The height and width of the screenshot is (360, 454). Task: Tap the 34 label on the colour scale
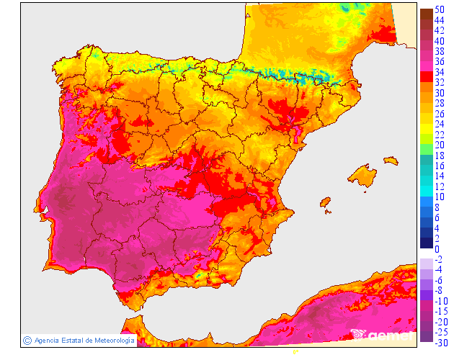point(440,72)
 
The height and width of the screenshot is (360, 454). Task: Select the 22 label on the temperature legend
point(440,135)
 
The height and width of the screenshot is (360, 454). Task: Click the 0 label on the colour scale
point(437,249)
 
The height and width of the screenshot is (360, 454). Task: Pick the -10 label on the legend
point(441,300)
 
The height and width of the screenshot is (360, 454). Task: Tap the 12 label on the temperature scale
point(440,186)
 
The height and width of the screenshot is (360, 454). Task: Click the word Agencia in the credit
point(48,340)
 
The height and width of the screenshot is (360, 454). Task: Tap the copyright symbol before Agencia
point(27,340)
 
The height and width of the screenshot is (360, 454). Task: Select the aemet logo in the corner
point(382,335)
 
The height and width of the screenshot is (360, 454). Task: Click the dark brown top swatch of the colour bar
point(425,13)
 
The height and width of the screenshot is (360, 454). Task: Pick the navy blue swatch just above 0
point(425,243)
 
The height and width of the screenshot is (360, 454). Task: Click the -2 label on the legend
point(440,259)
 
